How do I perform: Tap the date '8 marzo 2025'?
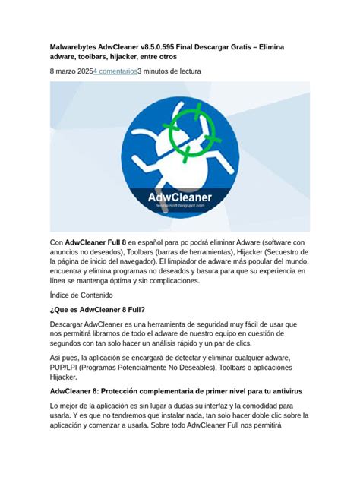71,71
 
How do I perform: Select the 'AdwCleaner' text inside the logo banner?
179,197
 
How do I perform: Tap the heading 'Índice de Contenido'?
84,295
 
